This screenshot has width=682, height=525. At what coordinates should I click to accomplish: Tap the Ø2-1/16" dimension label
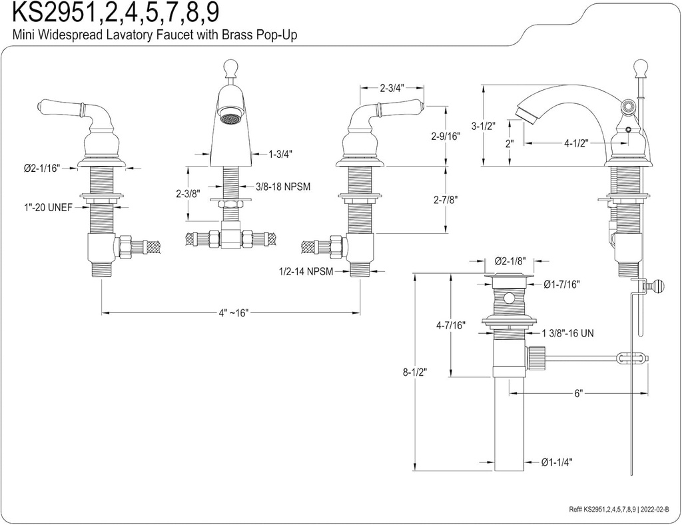point(41,168)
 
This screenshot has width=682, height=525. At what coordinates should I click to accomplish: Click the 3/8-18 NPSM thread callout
point(282,187)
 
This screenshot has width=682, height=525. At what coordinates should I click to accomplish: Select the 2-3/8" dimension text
point(188,194)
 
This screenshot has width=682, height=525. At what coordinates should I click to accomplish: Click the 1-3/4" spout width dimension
point(280,154)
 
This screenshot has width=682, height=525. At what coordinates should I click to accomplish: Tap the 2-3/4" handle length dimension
point(392,88)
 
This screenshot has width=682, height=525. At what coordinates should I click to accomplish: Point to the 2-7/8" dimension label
point(445,199)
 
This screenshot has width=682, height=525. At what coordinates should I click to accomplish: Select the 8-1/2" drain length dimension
point(414,372)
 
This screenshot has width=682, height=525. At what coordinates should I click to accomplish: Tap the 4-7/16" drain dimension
point(451,325)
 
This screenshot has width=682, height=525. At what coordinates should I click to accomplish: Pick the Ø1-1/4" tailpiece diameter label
point(557,462)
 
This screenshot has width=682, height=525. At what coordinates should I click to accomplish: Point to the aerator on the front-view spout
point(230,119)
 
